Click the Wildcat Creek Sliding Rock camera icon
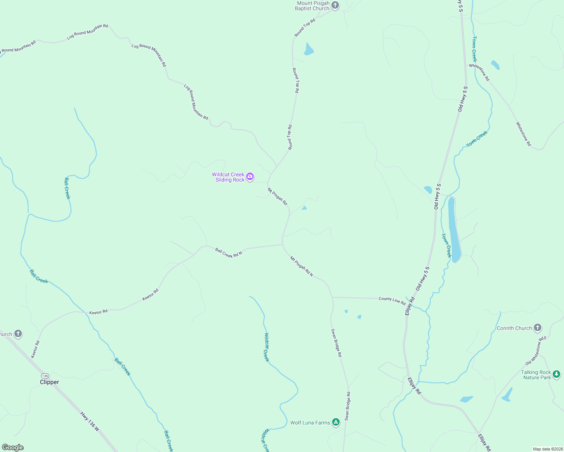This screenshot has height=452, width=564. pos(250,177)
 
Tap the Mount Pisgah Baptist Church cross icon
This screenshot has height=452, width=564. pos(335,5)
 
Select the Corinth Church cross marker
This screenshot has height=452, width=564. pos(538,328)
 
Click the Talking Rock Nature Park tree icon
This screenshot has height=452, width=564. pos(556,374)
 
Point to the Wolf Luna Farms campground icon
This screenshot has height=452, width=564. pos(336,422)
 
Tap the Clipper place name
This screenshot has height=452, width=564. pos(49,382)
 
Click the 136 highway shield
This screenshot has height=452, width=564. pos(45,376)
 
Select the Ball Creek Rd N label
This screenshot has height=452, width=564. pos(228,252)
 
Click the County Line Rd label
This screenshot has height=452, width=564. pos(392,301)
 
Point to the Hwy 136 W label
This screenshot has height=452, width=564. pos(90,421)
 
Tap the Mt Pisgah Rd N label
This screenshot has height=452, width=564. pos(302,266)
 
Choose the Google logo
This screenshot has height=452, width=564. pos(13,447)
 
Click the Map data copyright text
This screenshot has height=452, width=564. pos(547,449)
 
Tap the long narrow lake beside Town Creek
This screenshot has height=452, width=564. pos(454,230)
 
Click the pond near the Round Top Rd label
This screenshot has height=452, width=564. pos(308,50)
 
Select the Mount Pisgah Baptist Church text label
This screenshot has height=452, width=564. pos(313,6)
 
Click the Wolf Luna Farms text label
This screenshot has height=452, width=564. pos(310,423)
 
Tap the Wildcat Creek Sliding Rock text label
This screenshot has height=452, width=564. pos(228,177)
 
